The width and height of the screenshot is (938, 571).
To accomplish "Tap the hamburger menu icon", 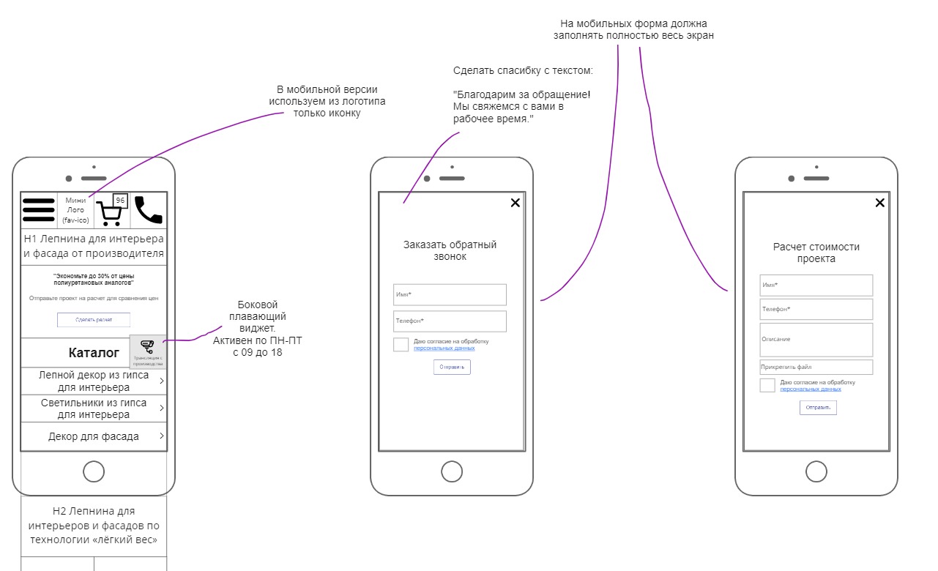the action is coord(39,210).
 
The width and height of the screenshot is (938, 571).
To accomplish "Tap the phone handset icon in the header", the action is coord(149,209).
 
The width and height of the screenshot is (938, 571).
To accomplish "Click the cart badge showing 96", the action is coord(121,200).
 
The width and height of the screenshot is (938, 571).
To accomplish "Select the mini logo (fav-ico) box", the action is coord(75,210).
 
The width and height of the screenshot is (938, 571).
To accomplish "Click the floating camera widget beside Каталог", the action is coord(147,351).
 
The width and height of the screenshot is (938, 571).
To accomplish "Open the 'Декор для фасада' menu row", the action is coord(94,437).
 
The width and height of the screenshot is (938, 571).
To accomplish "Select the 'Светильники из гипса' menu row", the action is coord(94,408).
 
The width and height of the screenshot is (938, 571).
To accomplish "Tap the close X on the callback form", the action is coord(515,203).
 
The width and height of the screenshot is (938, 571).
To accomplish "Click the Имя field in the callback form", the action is coord(450,294).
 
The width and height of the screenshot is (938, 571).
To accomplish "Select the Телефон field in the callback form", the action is coord(450,321).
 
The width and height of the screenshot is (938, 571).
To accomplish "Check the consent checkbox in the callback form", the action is coord(401,345).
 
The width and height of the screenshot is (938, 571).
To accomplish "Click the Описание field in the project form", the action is coord(816,340).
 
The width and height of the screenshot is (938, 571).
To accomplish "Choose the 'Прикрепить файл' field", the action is coord(816,367).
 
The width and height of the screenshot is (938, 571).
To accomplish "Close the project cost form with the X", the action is coord(880,203).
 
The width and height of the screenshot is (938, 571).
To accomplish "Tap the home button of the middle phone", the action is coord(452,472).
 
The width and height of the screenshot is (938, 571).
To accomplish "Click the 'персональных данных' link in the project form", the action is coord(811,389).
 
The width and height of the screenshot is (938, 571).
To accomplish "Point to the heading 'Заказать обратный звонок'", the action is coord(450,250).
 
